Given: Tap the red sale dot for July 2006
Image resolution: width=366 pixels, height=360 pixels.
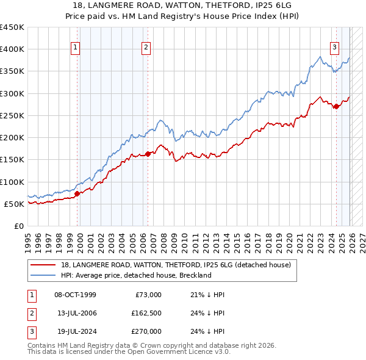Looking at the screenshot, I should (x=147, y=154).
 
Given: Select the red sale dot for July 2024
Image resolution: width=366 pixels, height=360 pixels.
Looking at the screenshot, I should (x=336, y=107).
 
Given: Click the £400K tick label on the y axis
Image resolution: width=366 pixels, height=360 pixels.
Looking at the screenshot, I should (x=12, y=49).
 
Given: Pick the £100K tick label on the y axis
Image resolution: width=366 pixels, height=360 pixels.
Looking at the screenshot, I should (x=12, y=182).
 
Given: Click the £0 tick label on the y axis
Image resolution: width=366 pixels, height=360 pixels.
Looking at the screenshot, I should (x=18, y=226).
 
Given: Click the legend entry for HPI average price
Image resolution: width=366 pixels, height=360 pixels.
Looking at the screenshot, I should (x=135, y=275).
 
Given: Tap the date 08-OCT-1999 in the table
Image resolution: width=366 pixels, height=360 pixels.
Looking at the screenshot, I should (x=75, y=295).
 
